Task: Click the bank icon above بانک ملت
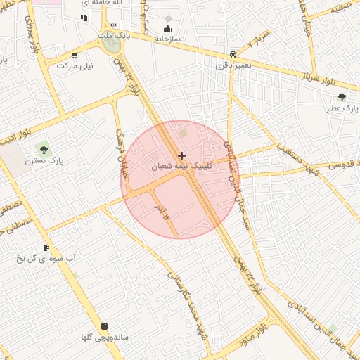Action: coord(113,25)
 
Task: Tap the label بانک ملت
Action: coord(113,34)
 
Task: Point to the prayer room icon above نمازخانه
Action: coord(168,29)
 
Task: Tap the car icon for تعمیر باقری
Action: coord(233,54)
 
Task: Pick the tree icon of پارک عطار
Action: coord(342,98)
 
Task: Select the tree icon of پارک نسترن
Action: coord(44,150)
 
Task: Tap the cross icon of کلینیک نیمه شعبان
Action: coord(182,155)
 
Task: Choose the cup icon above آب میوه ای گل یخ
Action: coord(46,248)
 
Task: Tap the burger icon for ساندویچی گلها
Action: coord(105,326)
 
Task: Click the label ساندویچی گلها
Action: coord(105,337)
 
